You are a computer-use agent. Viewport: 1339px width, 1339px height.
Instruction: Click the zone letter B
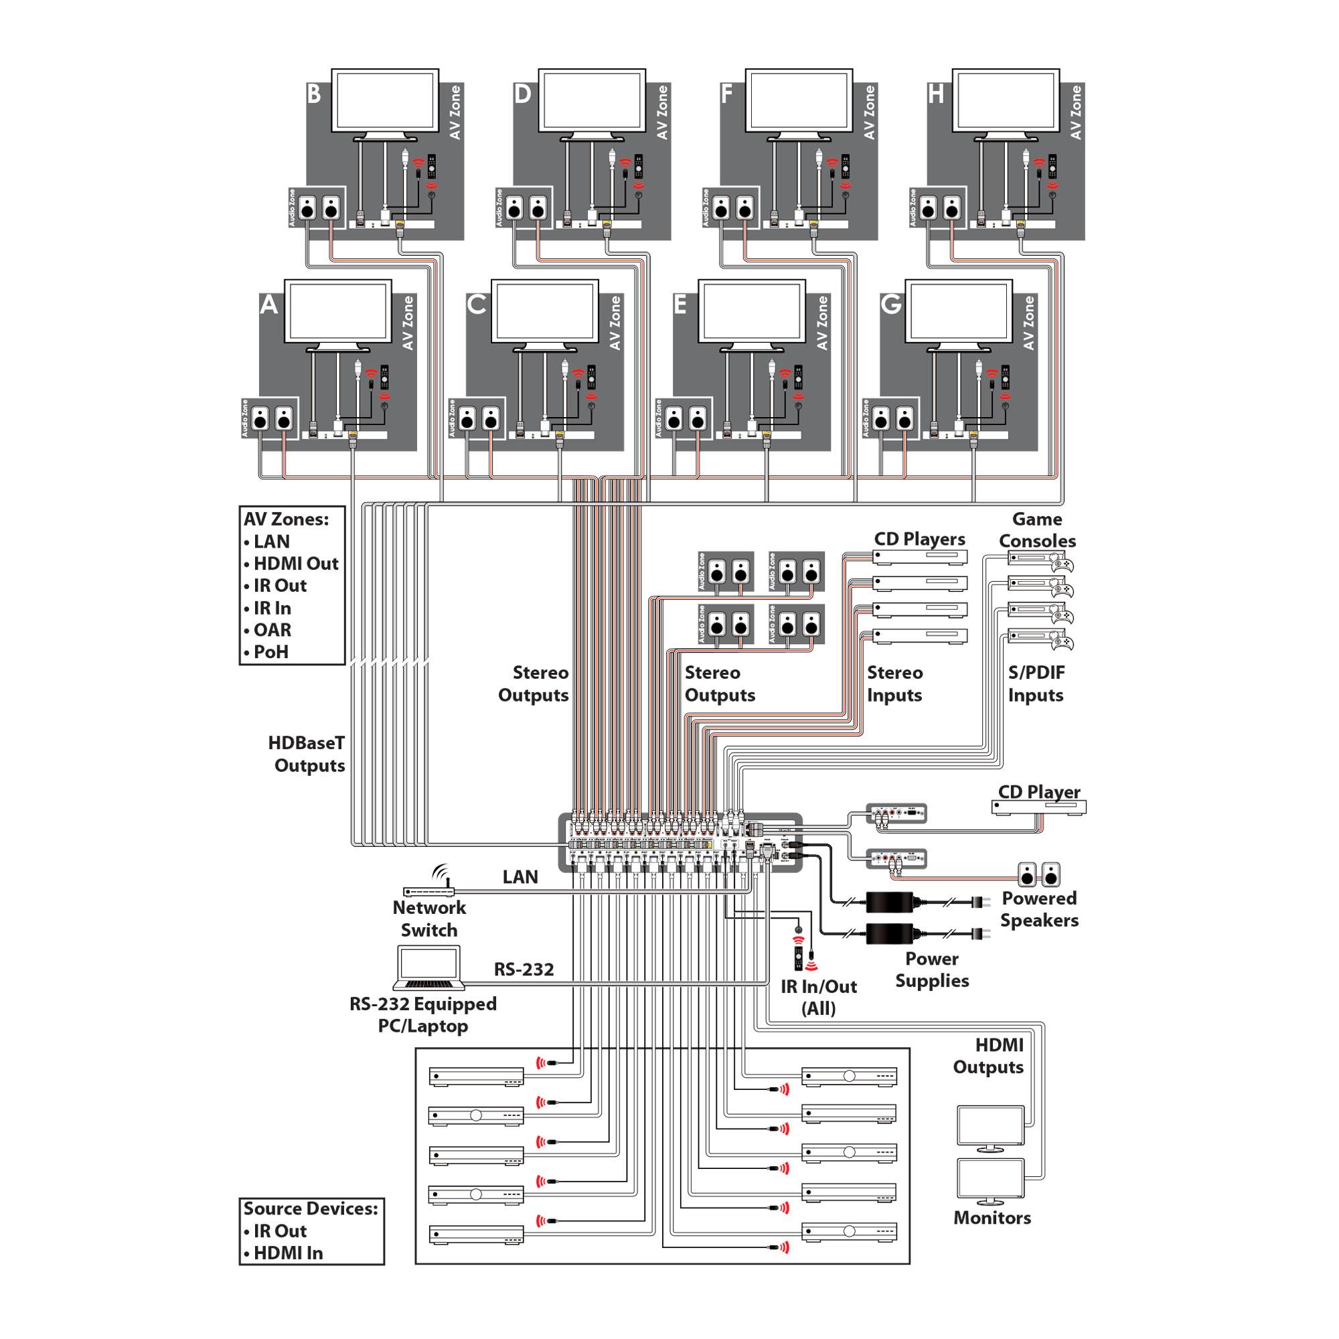click(314, 94)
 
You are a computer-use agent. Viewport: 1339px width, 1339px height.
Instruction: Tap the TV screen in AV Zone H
click(1005, 100)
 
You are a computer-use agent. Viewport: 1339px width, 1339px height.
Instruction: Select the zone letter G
click(890, 304)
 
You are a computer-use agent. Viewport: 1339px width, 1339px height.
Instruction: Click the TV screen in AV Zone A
click(337, 311)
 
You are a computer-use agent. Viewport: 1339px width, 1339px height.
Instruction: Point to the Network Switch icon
click(428, 891)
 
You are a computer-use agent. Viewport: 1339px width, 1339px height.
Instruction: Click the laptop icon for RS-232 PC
click(429, 968)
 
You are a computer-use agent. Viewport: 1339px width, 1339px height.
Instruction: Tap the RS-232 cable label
click(524, 969)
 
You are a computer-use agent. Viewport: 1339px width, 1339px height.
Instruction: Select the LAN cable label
click(520, 878)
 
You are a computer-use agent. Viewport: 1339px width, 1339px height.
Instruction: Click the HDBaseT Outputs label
click(308, 754)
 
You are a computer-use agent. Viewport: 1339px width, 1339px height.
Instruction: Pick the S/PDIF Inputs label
click(1036, 684)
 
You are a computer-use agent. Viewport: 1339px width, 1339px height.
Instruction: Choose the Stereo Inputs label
click(894, 684)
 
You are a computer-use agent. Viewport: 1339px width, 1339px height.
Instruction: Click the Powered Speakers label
click(1039, 909)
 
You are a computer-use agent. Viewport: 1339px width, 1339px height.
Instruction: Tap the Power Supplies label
click(931, 969)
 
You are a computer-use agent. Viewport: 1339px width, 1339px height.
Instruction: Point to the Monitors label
click(992, 1218)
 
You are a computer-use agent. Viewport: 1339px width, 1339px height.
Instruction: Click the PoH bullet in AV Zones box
click(270, 652)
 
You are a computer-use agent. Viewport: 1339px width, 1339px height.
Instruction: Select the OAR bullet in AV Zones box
click(272, 630)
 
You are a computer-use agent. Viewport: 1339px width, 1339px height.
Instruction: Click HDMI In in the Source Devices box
click(288, 1253)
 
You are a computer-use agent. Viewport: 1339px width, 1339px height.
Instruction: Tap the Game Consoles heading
click(1037, 530)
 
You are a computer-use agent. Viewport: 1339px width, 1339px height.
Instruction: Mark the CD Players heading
click(919, 539)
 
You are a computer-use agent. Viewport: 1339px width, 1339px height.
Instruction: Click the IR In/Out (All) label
click(819, 998)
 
